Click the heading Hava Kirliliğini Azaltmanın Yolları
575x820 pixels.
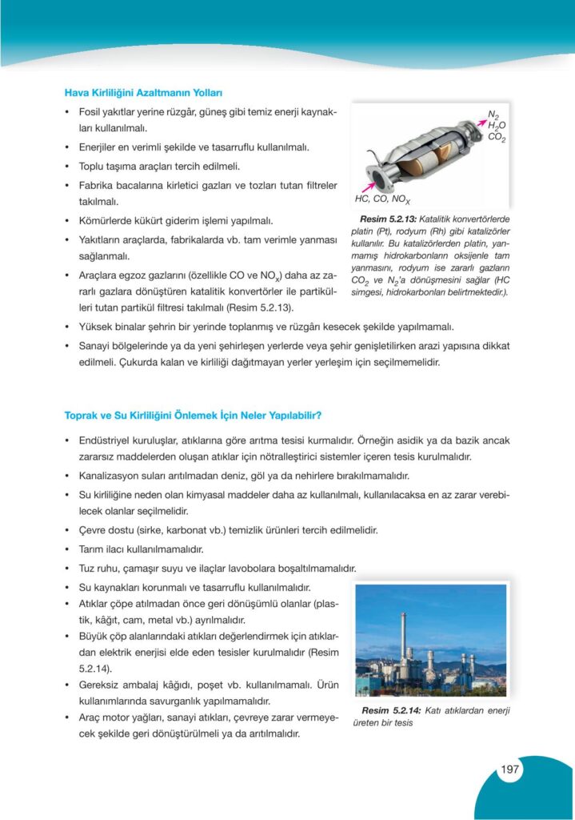click(x=143, y=92)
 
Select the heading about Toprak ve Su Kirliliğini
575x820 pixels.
click(x=193, y=415)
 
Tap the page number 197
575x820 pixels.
click(x=510, y=770)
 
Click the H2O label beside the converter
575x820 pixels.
click(x=497, y=127)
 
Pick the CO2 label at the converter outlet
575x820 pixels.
click(x=497, y=137)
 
